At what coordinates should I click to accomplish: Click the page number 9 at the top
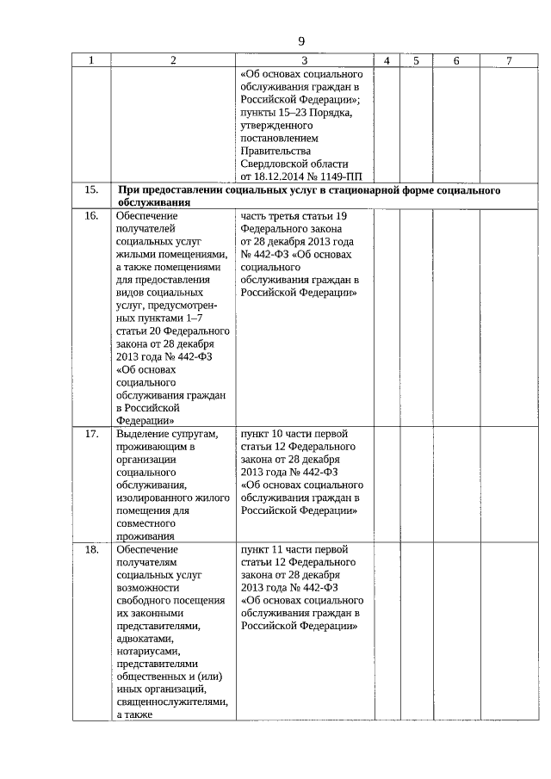click(x=301, y=41)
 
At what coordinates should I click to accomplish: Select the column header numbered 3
click(x=305, y=60)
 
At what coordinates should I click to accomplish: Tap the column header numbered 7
click(x=510, y=60)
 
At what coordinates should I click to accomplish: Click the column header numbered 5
click(x=416, y=60)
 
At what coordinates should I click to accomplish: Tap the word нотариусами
click(x=148, y=652)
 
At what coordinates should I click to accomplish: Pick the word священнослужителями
click(x=172, y=703)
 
